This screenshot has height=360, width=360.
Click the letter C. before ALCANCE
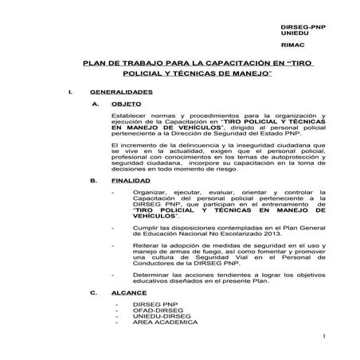[96, 293]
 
